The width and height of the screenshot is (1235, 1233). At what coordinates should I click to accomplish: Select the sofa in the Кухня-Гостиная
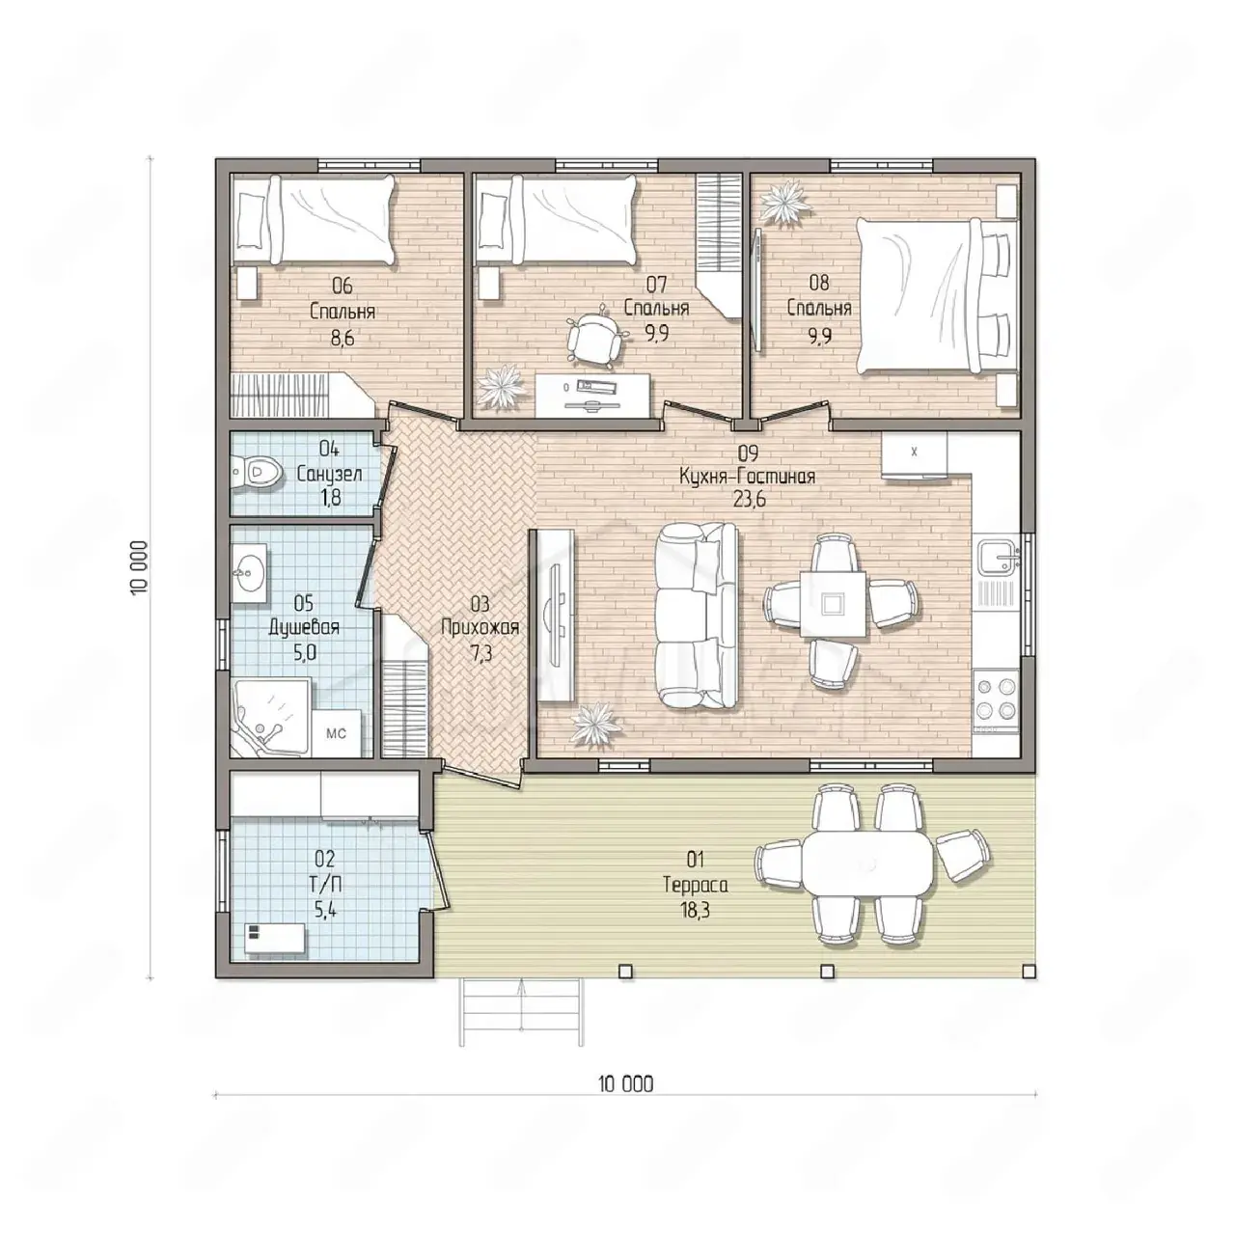tap(696, 616)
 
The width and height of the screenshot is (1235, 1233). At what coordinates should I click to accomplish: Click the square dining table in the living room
tap(833, 603)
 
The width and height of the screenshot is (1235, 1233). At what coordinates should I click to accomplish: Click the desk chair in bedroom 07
tap(597, 340)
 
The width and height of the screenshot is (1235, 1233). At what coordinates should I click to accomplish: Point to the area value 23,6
tap(750, 499)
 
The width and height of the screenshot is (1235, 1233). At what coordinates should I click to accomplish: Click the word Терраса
tap(696, 885)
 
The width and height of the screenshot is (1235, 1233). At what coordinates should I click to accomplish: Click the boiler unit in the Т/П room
tap(275, 940)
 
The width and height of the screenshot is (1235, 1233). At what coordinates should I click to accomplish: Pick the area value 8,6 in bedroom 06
tap(343, 337)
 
